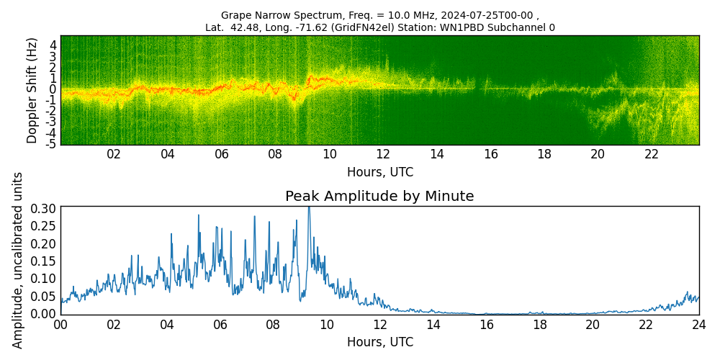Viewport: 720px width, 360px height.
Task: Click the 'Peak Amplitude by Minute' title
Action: (379, 197)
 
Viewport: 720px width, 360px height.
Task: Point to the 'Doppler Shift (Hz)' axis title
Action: (32, 90)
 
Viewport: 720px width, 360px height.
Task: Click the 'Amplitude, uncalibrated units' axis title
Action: (18, 260)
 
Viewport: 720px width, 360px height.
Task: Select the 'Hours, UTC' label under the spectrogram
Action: (379, 173)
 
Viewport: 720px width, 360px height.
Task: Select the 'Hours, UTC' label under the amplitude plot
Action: (379, 342)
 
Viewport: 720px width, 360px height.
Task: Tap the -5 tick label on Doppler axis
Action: (52, 144)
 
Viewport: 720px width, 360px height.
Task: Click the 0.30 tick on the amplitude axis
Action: (44, 208)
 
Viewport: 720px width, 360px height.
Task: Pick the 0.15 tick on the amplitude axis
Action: (44, 261)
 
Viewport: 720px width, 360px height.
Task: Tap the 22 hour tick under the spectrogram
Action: (652, 154)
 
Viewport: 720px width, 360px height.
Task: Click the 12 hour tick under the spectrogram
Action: (383, 154)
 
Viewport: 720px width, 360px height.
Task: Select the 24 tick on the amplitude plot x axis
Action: (698, 324)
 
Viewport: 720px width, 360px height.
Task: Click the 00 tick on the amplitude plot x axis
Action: (60, 324)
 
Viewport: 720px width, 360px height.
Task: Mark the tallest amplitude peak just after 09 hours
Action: (309, 209)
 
